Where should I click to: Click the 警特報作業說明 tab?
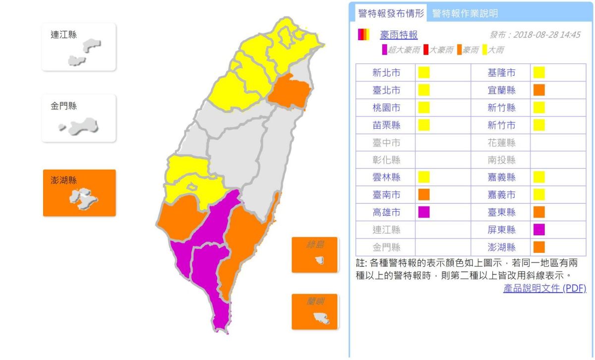465,13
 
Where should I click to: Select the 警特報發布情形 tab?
391,13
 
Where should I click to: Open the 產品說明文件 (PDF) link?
544,288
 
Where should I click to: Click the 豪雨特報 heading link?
399,35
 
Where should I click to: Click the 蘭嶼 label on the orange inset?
314,301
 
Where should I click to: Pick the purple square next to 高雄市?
423,212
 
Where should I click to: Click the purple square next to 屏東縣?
539,230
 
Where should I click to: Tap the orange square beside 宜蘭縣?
539,90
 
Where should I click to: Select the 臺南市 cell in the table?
386,195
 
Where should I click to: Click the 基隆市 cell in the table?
501,73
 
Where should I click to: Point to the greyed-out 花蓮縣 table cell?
501,143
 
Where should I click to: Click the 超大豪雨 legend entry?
401,50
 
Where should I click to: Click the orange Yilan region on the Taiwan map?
292,91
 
